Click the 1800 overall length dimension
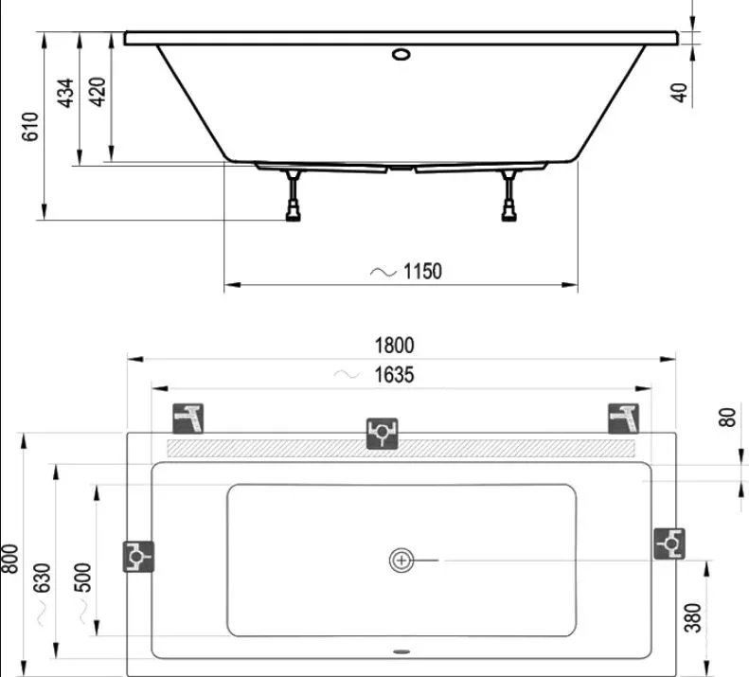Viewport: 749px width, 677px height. click(x=394, y=346)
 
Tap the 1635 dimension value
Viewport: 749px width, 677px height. click(x=394, y=375)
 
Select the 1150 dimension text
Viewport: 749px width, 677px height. click(x=422, y=272)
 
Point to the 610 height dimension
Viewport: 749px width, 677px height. click(x=30, y=127)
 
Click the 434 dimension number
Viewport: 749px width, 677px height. click(x=66, y=93)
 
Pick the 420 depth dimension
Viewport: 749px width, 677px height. click(x=98, y=92)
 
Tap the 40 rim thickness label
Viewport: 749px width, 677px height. click(x=679, y=92)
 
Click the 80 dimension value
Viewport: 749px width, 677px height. click(x=726, y=418)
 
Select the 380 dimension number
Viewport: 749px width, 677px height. click(x=692, y=617)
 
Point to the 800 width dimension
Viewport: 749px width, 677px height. click(x=9, y=559)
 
